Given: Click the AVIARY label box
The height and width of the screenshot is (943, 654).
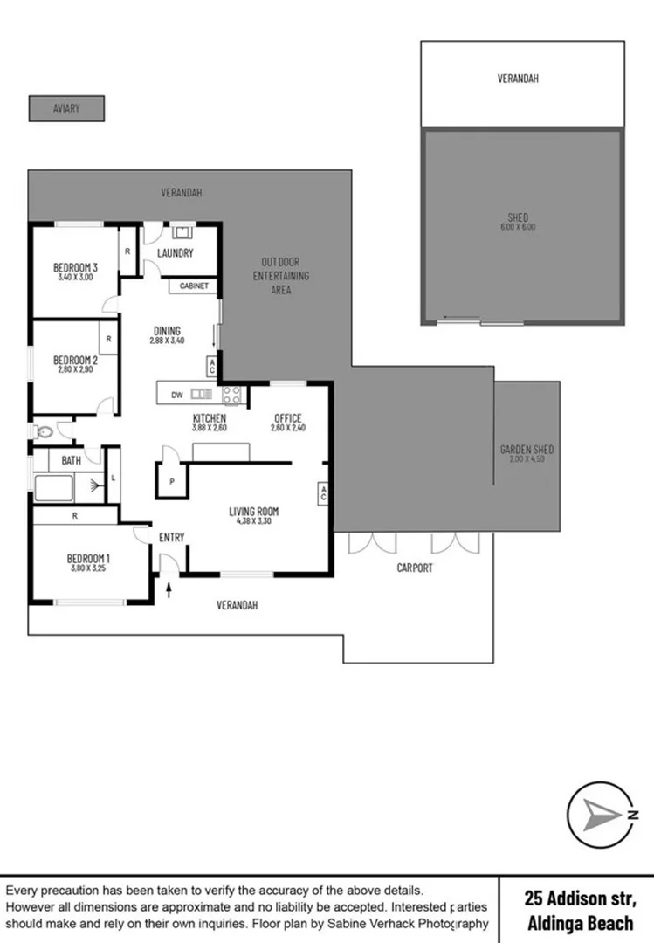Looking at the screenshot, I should pyautogui.click(x=66, y=108).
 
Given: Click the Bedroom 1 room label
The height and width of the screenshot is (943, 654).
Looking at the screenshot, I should pyautogui.click(x=87, y=558).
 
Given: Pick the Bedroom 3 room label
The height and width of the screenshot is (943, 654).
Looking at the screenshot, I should pyautogui.click(x=75, y=267).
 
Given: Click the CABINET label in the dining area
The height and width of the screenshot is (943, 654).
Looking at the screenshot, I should pyautogui.click(x=194, y=286).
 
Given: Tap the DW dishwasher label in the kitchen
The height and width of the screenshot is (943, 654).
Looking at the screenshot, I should pyautogui.click(x=177, y=395).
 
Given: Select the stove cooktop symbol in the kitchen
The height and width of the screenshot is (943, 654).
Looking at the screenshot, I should pyautogui.click(x=231, y=395).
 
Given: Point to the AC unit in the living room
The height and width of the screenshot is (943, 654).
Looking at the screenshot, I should pyautogui.click(x=323, y=493).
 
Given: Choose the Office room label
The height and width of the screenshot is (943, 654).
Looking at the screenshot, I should pyautogui.click(x=287, y=418).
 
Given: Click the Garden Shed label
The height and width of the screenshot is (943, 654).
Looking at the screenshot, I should pyautogui.click(x=527, y=450).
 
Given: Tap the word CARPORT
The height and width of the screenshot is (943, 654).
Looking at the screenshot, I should pyautogui.click(x=415, y=568).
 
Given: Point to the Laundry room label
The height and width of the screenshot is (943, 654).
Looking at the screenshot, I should pyautogui.click(x=175, y=254).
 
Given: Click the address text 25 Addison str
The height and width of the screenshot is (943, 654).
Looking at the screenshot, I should pyautogui.click(x=580, y=898).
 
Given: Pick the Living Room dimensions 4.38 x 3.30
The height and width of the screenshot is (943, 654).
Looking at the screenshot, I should pyautogui.click(x=253, y=521).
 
